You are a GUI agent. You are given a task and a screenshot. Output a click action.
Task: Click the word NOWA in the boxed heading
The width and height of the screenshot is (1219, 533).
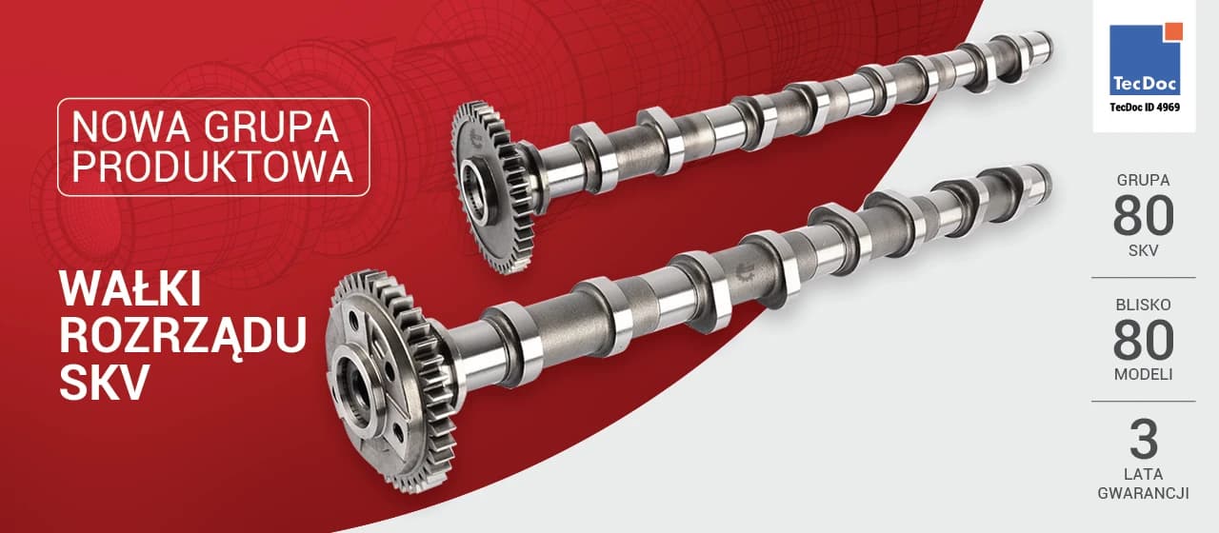pyautogui.click(x=131, y=128)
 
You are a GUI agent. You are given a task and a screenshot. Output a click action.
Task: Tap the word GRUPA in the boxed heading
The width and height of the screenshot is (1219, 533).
pyautogui.click(x=271, y=128)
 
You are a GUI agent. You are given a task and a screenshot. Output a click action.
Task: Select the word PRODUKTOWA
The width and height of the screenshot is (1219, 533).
pyautogui.click(x=212, y=167)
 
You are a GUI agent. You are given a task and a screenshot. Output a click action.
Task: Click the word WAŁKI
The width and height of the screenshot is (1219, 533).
pyautogui.click(x=130, y=288)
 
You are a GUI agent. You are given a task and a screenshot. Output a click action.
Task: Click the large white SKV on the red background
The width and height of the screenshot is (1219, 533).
pyautogui.click(x=105, y=383)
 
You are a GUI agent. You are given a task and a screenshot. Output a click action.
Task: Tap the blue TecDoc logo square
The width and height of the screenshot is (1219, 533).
pyautogui.click(x=1145, y=59)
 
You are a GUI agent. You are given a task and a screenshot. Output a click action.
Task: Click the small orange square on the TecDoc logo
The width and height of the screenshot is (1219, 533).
pyautogui.click(x=1174, y=31)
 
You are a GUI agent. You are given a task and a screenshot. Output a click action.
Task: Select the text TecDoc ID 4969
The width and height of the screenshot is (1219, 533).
pyautogui.click(x=1145, y=108)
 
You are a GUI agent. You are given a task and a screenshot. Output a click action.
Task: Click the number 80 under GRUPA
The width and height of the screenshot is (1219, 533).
pyautogui.click(x=1144, y=216)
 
